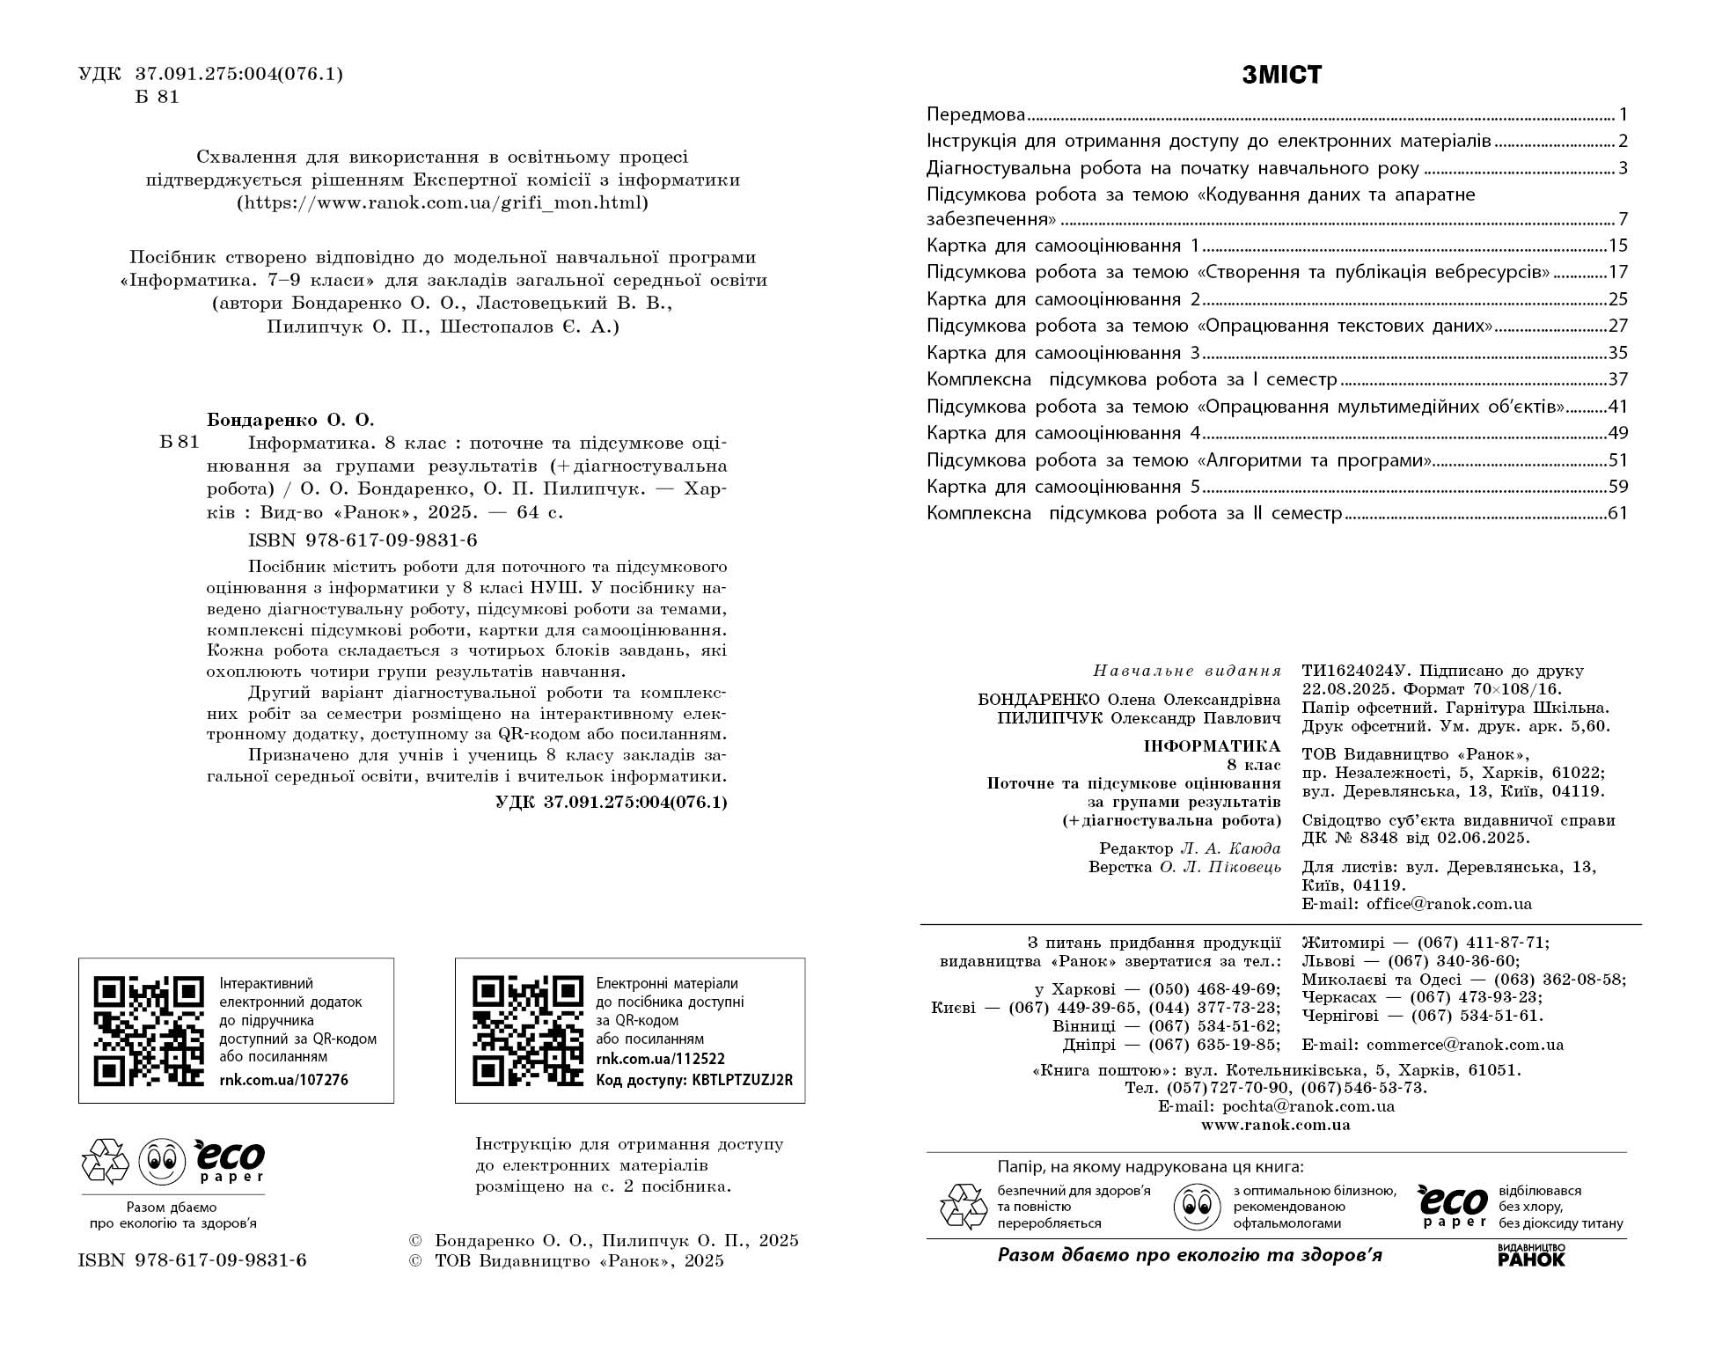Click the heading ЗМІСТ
coord(1281,76)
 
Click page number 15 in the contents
coord(1617,246)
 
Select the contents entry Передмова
coord(976,114)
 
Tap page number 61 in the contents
coord(1617,513)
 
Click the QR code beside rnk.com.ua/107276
coord(149,1031)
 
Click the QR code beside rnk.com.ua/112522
coord(528,1031)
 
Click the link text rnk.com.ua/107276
coord(283,1080)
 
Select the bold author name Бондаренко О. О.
coord(290,420)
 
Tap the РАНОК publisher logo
coord(1531,1256)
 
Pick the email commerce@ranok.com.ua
coord(1465,1045)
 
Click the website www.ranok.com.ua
coord(1275,1125)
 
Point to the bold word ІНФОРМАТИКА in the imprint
coord(1212,746)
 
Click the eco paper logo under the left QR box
coord(229,1161)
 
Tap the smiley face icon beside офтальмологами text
coord(1197,1207)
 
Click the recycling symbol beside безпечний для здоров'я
coord(964,1207)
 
